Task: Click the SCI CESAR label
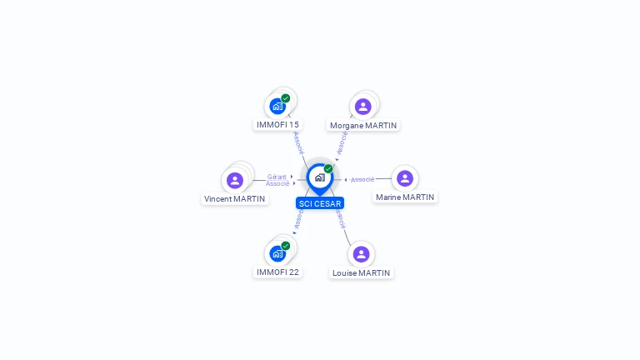[320, 203]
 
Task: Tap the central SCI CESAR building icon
[319, 177]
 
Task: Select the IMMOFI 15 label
[277, 125]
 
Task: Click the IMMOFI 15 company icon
[277, 107]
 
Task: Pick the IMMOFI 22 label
[277, 272]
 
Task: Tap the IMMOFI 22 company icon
[277, 253]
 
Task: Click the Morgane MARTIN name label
[363, 126]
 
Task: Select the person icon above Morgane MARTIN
[362, 107]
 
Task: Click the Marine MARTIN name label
[405, 197]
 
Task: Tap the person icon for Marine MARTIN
[405, 178]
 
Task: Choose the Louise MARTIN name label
[361, 272]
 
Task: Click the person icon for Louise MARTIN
[361, 254]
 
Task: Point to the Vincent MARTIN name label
[235, 199]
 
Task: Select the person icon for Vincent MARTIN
[235, 180]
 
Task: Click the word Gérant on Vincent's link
[277, 177]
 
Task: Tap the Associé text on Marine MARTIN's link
[362, 179]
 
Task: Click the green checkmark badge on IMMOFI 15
[286, 98]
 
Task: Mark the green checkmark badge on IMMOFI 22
[286, 246]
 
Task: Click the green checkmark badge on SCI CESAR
[328, 168]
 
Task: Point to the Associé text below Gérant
[277, 183]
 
